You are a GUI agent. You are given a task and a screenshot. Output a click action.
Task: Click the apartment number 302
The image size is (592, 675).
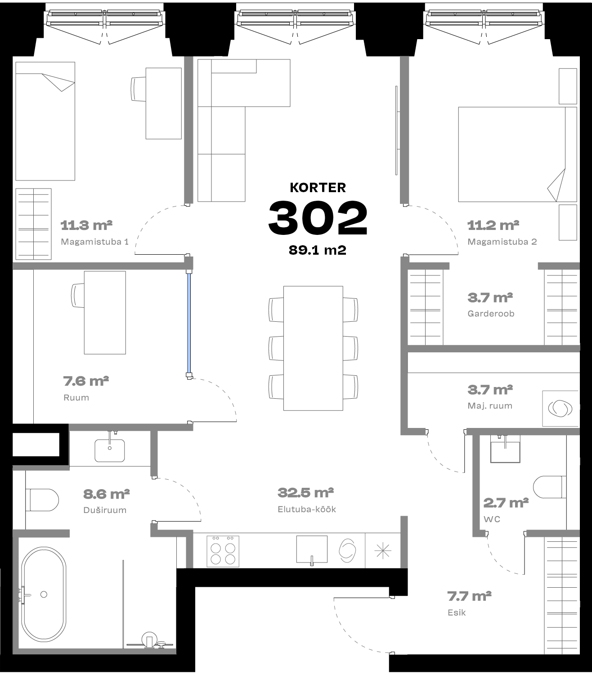pos(318,217)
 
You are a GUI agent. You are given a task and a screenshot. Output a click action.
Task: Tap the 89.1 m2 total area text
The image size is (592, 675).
pos(318,250)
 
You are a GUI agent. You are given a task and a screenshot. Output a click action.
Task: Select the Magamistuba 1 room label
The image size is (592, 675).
pos(94,242)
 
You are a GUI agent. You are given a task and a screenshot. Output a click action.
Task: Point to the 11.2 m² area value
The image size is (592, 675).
pos(493,225)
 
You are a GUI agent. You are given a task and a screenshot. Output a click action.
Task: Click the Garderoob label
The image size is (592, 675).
pos(491,314)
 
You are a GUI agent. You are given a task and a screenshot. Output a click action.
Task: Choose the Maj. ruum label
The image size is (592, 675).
pos(490,406)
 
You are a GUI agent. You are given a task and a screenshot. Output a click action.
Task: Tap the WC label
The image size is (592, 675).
pos(492,519)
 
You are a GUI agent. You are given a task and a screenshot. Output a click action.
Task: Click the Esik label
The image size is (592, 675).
pos(457,612)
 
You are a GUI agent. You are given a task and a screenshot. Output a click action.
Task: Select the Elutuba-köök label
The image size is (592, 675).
pos(307,509)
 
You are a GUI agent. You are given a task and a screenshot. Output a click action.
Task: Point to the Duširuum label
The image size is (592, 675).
pos(105,510)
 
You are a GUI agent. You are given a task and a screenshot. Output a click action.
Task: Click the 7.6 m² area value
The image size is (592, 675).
pos(86,381)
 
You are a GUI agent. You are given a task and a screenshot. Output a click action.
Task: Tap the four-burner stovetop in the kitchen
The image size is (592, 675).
pos(223,551)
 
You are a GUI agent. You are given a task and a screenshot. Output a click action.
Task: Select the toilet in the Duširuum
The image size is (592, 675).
pos(42,500)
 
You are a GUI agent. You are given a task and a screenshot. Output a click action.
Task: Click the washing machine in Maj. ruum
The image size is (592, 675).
pos(561,409)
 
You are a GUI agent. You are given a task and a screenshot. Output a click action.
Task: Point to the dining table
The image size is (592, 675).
pos(313,348)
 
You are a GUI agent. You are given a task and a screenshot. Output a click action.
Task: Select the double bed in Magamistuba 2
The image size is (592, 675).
pos(517,154)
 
